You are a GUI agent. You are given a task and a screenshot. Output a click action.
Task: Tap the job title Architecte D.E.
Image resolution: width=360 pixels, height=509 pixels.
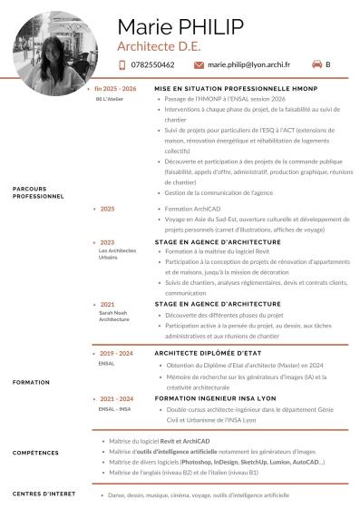(x=156, y=44)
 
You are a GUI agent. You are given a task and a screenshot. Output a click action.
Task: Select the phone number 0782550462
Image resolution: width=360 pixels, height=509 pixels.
(x=152, y=65)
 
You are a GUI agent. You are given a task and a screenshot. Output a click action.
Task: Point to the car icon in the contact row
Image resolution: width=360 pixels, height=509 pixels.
(x=316, y=64)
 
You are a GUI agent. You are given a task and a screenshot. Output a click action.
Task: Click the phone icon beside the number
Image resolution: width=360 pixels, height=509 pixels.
(x=123, y=65)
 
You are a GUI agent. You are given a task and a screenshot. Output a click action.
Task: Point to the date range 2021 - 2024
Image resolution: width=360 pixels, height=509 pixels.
(x=117, y=398)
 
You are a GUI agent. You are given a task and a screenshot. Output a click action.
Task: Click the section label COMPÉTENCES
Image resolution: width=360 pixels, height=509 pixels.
(x=35, y=452)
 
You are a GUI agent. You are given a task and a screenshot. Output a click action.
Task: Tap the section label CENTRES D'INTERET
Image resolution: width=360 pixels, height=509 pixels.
(x=43, y=494)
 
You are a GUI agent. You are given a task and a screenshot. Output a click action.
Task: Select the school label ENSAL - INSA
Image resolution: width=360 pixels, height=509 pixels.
(x=113, y=409)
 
